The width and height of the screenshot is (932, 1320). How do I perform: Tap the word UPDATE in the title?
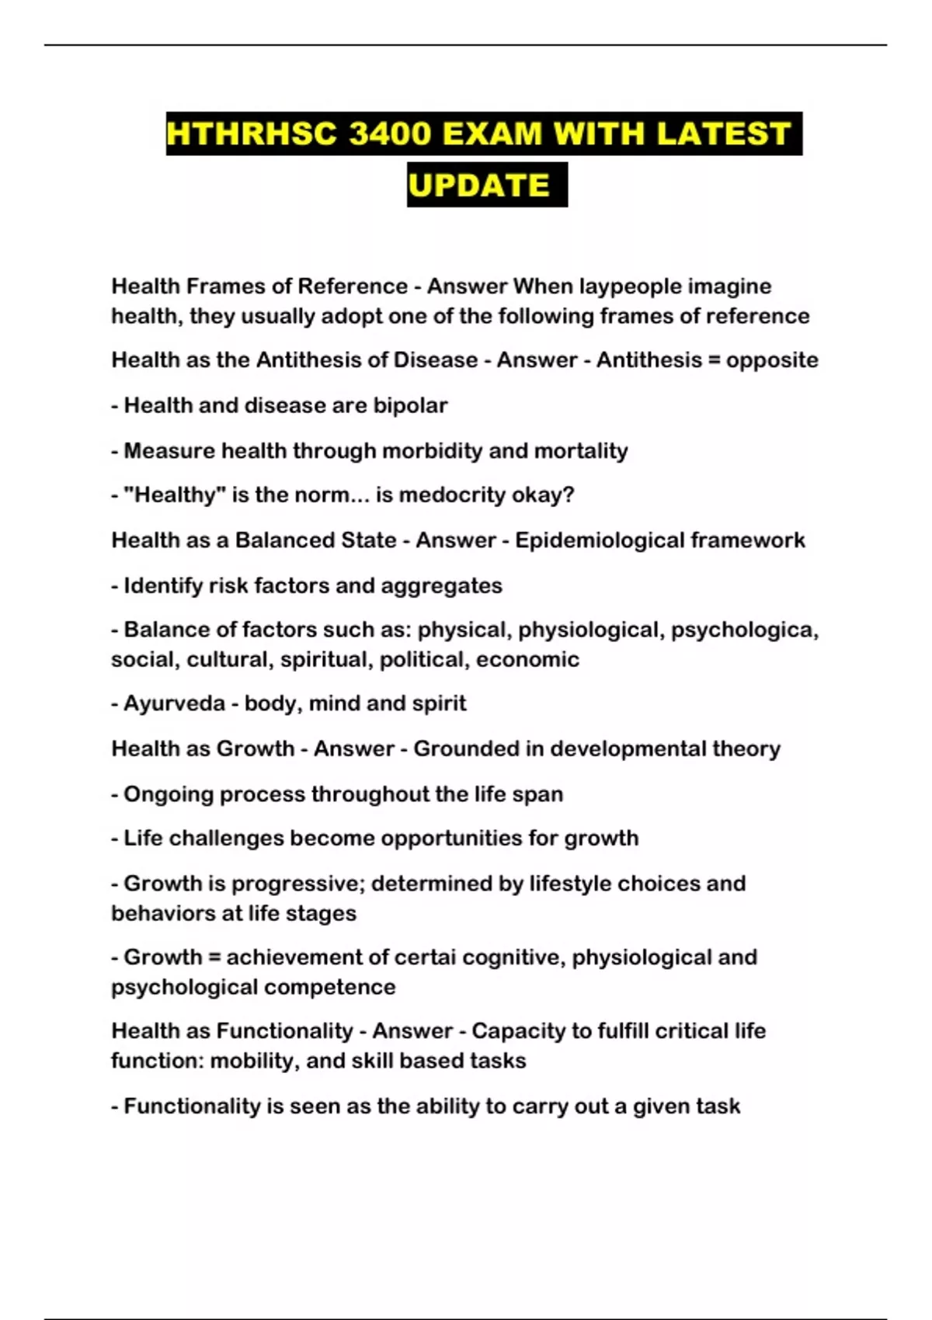click(x=479, y=185)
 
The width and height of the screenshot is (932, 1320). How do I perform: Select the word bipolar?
click(x=410, y=405)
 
